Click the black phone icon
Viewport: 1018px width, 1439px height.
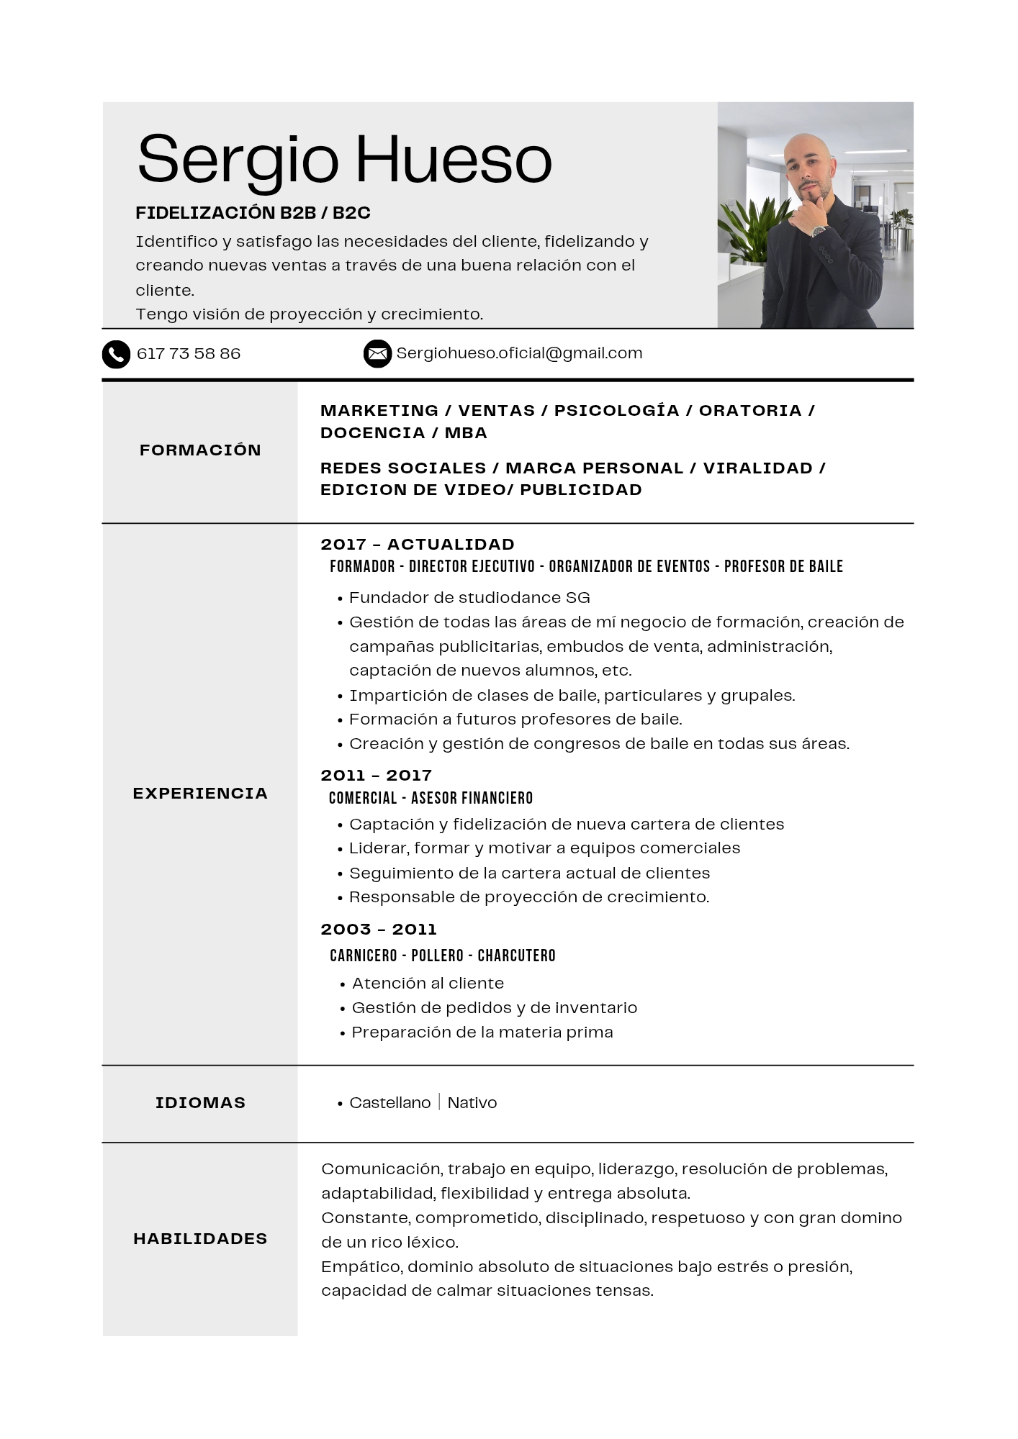(x=116, y=354)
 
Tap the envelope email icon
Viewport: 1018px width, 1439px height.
(x=377, y=353)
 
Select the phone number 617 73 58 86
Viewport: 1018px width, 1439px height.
(x=189, y=354)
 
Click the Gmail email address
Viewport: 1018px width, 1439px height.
(x=519, y=353)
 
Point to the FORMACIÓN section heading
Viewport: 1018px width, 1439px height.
(x=200, y=450)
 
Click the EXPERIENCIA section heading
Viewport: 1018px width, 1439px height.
(x=200, y=794)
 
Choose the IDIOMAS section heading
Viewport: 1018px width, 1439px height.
(x=200, y=1103)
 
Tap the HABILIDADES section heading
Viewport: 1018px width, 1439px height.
(x=200, y=1239)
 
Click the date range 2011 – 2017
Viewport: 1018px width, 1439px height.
(x=376, y=776)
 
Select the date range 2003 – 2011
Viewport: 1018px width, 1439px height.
(x=379, y=930)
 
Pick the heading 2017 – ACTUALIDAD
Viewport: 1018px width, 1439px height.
(x=418, y=545)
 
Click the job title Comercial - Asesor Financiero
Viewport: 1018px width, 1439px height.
(x=431, y=798)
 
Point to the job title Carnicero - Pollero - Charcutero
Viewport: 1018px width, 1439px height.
(x=443, y=955)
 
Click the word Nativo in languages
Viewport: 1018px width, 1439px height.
(x=472, y=1103)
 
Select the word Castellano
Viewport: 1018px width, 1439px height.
(x=389, y=1103)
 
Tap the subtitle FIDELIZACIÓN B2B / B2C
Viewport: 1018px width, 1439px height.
(x=253, y=213)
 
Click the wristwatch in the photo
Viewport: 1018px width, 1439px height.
(x=819, y=231)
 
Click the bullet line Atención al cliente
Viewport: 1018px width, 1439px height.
(x=428, y=984)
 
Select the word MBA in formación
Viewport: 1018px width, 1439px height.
(x=466, y=433)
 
